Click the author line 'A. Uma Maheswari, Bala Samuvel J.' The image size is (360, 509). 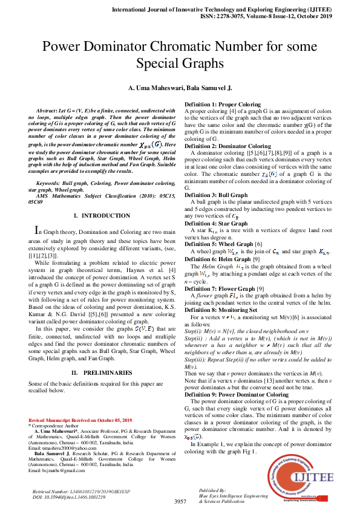180,88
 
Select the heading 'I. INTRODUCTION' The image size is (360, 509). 97,216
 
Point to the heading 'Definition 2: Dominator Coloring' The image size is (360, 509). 227,146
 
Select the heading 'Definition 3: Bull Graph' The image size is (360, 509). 216,195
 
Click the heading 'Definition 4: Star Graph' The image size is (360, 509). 215,224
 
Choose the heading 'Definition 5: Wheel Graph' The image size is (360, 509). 218,242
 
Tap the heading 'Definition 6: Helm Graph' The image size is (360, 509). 217,259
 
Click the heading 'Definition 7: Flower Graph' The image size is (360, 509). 220,288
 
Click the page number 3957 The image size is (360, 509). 180,502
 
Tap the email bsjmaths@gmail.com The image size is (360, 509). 57,470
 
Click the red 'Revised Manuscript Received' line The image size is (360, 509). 80,420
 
